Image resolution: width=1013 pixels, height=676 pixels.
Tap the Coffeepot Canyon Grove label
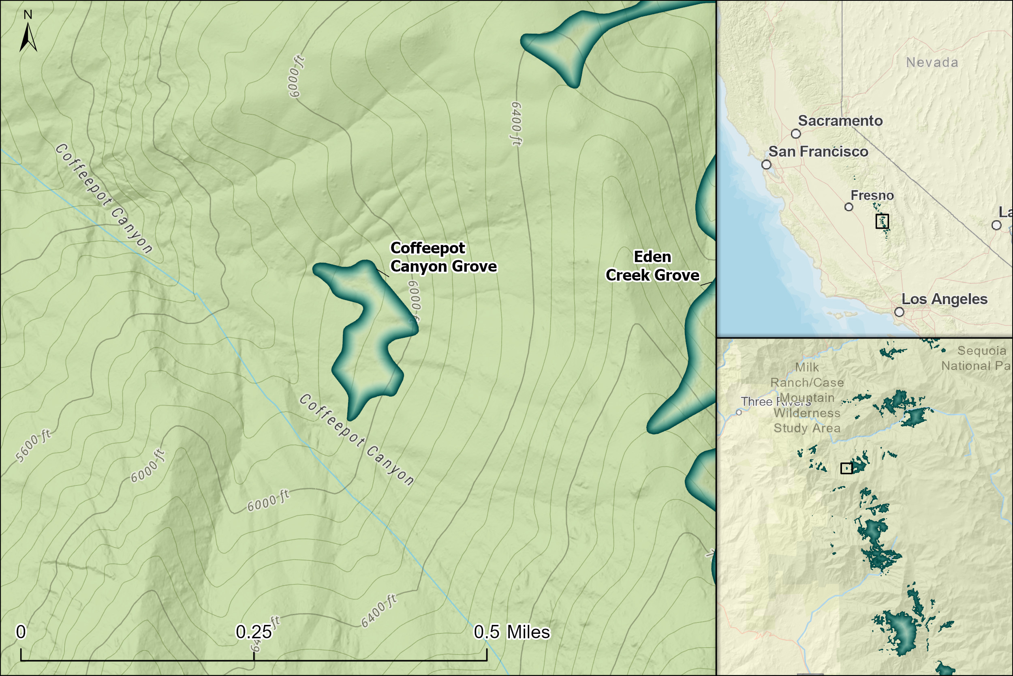coord(443,258)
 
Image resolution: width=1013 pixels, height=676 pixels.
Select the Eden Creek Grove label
coord(652,266)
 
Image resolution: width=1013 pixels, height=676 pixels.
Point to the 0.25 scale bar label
coord(254,632)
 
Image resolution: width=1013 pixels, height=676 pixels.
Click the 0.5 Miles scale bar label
coord(512,632)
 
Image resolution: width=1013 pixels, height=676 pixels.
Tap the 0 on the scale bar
coord(21,632)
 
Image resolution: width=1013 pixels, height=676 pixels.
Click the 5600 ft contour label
coord(34,446)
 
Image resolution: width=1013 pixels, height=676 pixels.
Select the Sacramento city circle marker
coord(796,134)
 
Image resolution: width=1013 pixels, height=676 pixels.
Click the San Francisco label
coord(819,152)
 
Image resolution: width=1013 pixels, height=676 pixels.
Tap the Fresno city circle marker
coord(849,207)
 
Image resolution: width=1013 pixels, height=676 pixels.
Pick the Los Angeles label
coord(944,299)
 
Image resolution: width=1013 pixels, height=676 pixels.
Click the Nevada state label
coord(932,62)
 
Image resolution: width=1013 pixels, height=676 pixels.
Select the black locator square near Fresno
coord(882,221)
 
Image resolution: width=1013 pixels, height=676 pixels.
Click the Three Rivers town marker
coord(739,412)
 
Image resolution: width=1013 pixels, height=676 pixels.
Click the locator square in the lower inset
coord(846,468)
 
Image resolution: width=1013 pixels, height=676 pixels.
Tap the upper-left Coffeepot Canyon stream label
coord(103,198)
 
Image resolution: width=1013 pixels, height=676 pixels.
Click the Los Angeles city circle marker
coord(899,312)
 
